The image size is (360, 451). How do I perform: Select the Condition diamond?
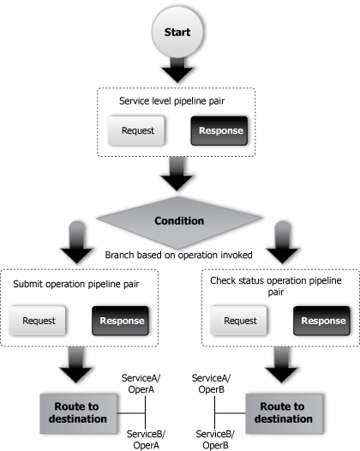click(x=178, y=221)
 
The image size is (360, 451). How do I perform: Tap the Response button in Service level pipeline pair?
click(x=220, y=132)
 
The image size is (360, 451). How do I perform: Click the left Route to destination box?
click(x=75, y=413)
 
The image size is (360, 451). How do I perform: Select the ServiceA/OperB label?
click(x=211, y=382)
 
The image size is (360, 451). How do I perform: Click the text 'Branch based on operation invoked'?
click(x=177, y=255)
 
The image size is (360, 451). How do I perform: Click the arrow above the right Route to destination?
click(x=280, y=368)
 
